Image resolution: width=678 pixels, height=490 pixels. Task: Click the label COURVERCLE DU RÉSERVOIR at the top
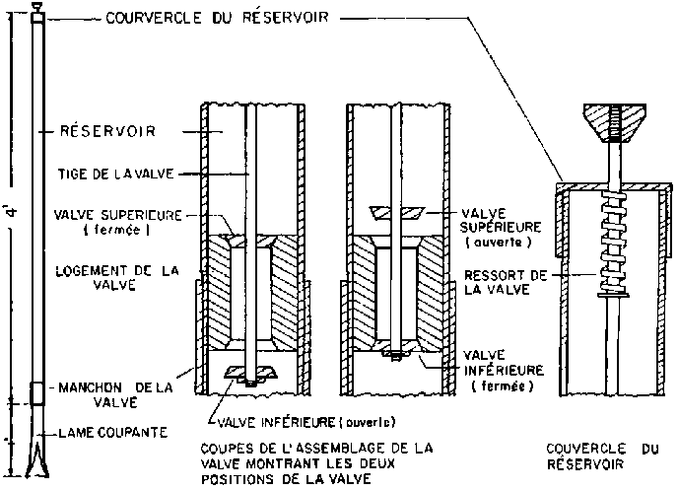pos(218,18)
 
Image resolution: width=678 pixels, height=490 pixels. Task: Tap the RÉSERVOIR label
pos(107,131)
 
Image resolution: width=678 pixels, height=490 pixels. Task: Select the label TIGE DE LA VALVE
pos(116,174)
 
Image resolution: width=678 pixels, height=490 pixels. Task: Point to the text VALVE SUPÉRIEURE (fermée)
pos(117,222)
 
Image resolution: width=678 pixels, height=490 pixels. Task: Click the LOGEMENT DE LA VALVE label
pos(116,278)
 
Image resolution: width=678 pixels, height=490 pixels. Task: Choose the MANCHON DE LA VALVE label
pos(115,394)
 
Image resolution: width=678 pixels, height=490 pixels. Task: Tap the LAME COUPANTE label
pos(113,432)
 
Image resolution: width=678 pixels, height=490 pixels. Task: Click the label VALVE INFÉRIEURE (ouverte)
pos(306,422)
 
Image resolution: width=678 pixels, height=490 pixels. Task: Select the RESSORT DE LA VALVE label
pos(506,282)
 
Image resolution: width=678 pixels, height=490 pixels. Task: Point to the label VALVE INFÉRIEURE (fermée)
pos(504,371)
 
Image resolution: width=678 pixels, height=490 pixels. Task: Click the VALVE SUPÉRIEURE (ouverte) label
pos(501,228)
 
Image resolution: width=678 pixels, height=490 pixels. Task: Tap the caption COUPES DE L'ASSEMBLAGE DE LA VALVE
pos(316,463)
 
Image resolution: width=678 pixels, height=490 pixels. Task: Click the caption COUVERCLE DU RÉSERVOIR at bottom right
pos(603,456)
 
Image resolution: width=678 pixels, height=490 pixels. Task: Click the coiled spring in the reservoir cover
pos(613,244)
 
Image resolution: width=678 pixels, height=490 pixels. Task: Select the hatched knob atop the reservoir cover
pos(615,123)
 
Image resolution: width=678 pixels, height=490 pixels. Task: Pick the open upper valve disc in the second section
pos(397,213)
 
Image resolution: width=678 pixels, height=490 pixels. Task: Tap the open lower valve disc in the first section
pos(250,372)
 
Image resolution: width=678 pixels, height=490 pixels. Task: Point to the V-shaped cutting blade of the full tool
pos(38,458)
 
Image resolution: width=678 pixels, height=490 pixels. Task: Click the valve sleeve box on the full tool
pos(37,392)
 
